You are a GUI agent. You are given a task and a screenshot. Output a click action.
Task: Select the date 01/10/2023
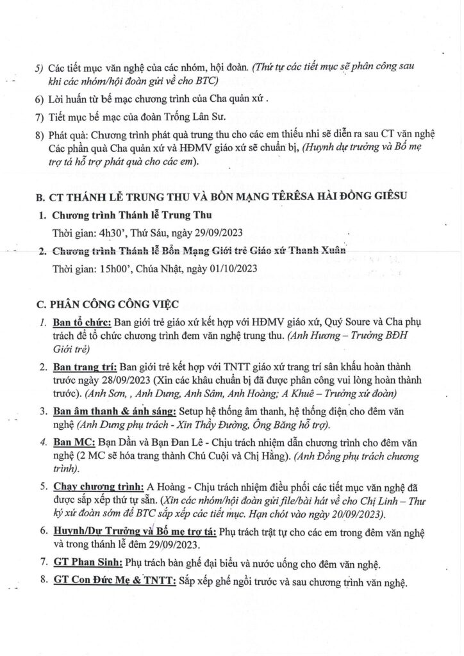point(233,268)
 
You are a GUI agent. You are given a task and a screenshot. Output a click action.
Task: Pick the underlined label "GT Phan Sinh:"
point(88,563)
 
